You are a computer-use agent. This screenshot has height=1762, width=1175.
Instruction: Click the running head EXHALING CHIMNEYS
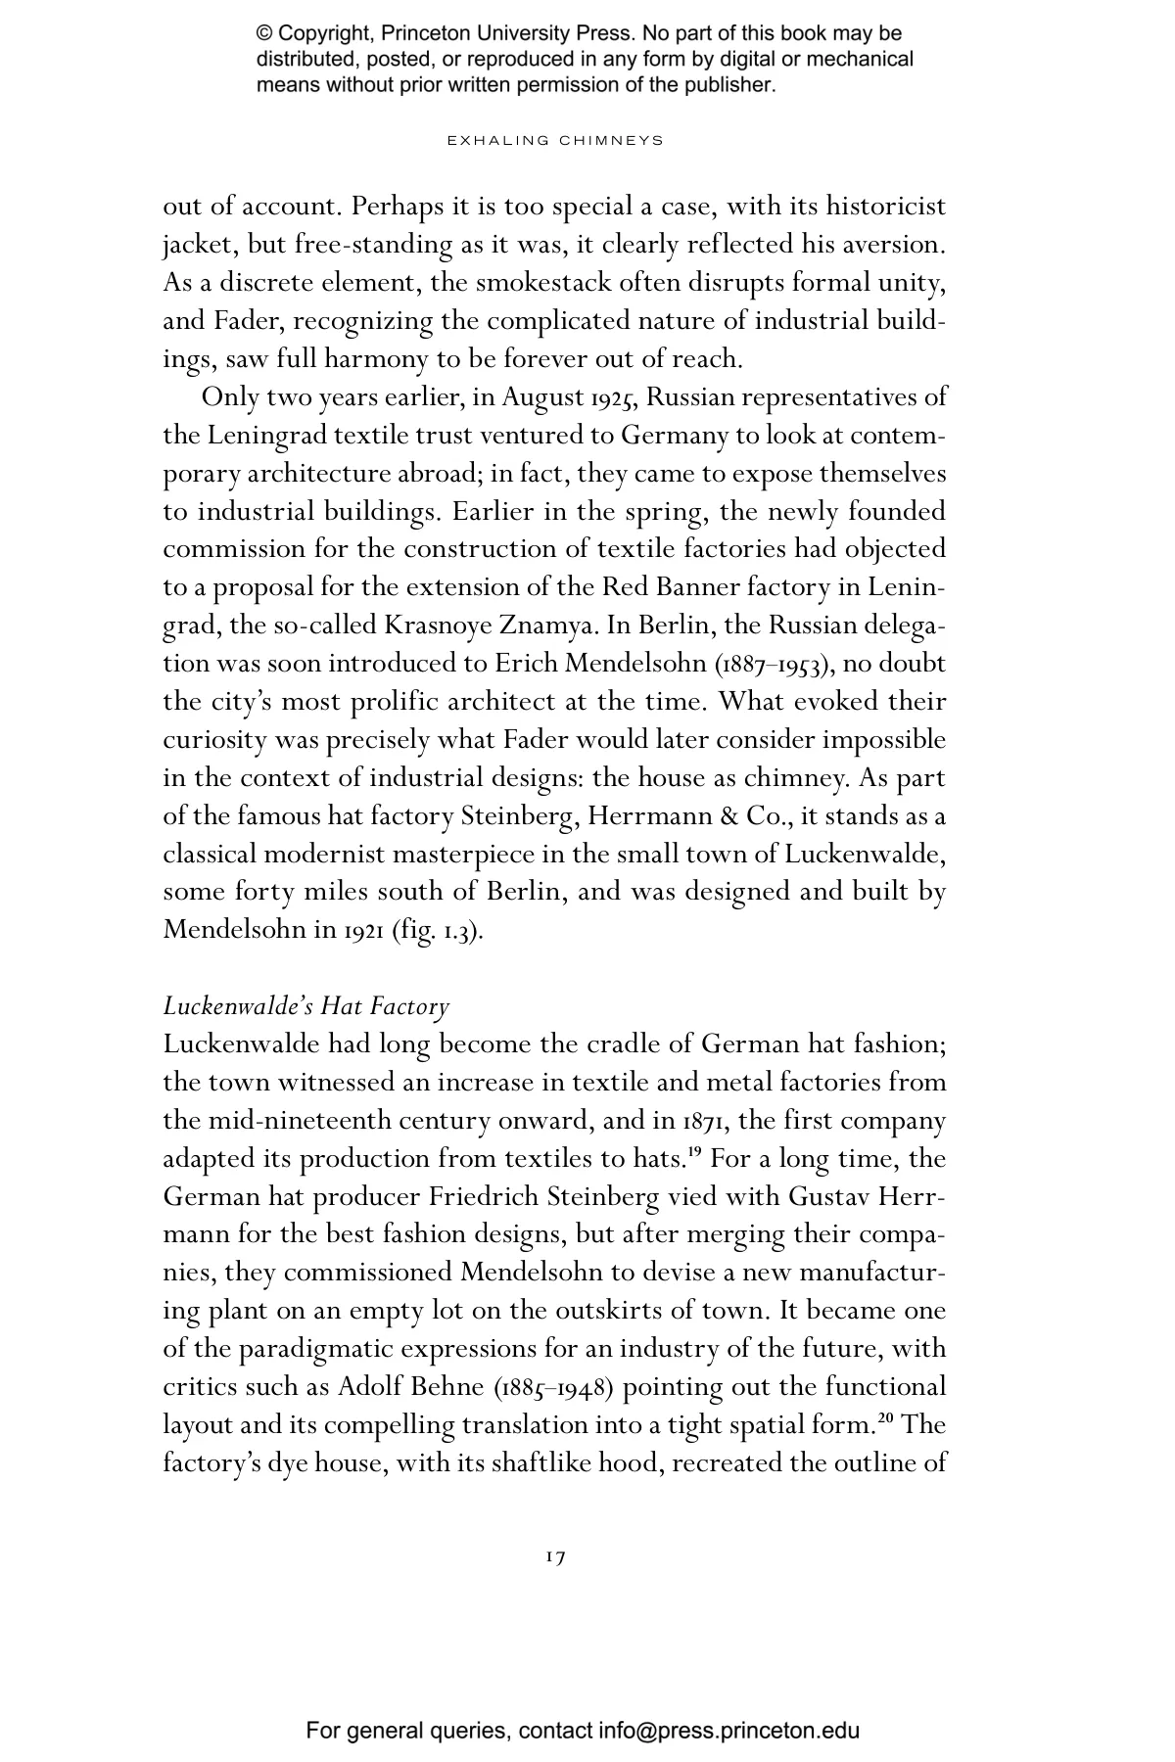(555, 141)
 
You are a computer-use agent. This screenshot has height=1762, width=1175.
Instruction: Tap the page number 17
(555, 1556)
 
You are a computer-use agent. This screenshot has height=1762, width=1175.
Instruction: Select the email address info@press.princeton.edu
(729, 1730)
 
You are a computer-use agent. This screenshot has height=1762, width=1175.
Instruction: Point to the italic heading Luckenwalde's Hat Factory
(306, 1005)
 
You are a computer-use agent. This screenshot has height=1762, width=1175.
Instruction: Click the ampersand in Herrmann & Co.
(728, 815)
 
